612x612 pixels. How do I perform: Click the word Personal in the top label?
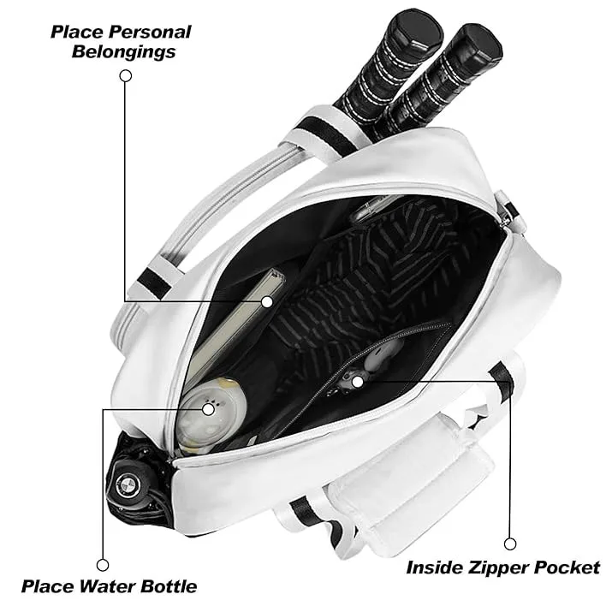[152, 33]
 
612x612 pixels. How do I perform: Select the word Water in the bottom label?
[103, 586]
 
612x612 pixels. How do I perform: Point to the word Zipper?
[494, 567]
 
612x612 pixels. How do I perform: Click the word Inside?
[434, 567]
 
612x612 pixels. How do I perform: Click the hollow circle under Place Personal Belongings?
[126, 75]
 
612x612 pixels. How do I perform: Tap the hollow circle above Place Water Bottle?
[103, 564]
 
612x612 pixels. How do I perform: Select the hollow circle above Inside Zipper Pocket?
[511, 544]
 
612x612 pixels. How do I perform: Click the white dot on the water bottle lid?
[209, 409]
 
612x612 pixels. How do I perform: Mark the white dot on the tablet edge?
[267, 301]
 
